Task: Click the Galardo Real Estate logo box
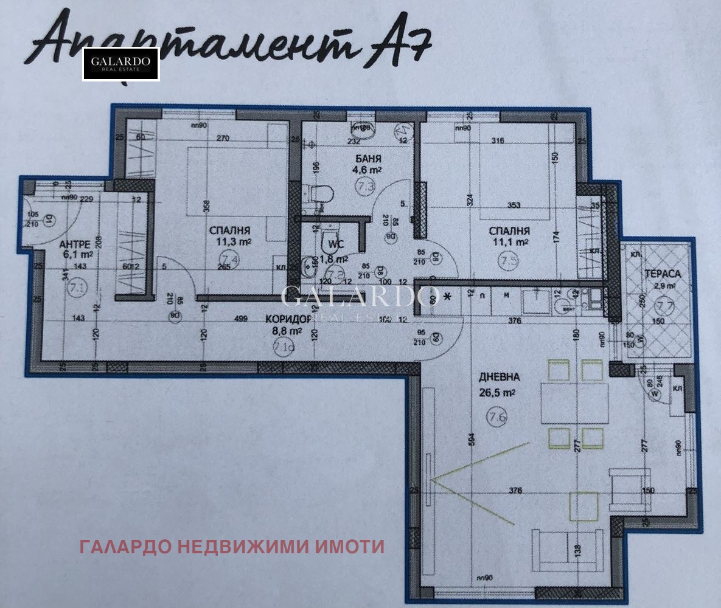121,64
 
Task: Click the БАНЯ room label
369,161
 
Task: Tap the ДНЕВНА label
499,376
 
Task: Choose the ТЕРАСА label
663,274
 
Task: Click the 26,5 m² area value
498,392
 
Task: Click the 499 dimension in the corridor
242,318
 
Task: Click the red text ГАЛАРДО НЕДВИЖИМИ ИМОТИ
232,547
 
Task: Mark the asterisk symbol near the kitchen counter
449,297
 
